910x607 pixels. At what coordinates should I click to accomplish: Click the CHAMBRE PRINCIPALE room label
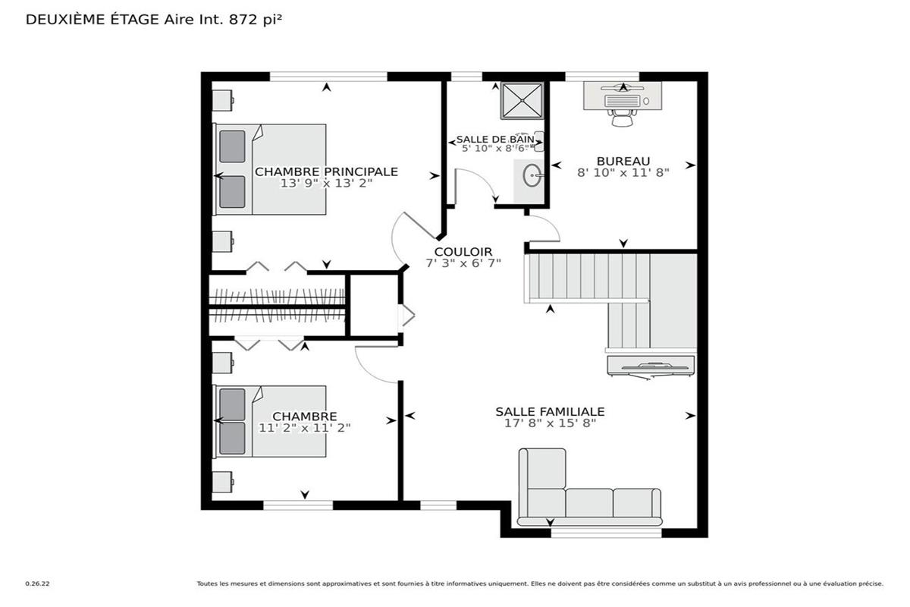(x=326, y=171)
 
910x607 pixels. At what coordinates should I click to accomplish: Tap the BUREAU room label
(x=623, y=161)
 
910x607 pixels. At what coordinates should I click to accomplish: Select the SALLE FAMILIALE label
(x=550, y=411)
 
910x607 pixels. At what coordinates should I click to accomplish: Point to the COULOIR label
(x=463, y=252)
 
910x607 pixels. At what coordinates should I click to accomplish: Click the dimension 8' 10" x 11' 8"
(x=623, y=173)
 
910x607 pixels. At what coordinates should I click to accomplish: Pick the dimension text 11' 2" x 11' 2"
(x=305, y=428)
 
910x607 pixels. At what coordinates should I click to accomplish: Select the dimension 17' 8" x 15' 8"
(x=550, y=423)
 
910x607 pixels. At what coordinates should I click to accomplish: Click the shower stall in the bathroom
(x=522, y=101)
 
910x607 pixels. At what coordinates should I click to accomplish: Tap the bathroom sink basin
(x=532, y=175)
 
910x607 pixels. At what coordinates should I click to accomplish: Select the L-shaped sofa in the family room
(x=590, y=487)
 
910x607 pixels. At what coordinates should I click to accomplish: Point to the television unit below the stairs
(x=651, y=366)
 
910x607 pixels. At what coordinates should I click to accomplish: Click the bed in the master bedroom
(x=270, y=169)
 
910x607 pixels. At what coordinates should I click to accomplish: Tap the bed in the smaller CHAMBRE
(x=270, y=421)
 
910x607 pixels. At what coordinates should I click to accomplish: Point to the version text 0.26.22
(x=37, y=583)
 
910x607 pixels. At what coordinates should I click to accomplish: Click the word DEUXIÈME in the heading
(x=66, y=20)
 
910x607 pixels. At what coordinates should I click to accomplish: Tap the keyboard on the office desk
(x=622, y=101)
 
